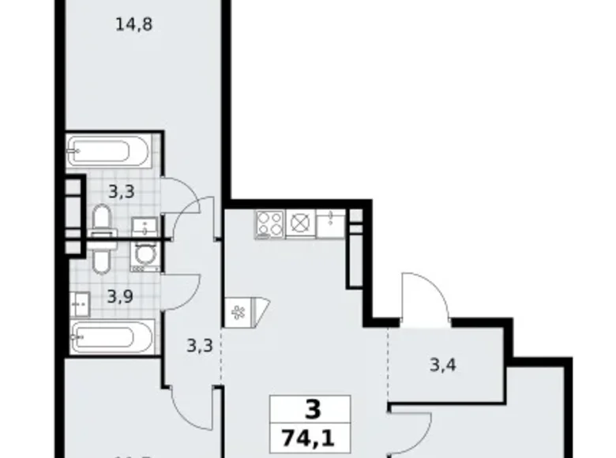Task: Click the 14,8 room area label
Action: (133, 24)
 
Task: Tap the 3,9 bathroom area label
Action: (119, 297)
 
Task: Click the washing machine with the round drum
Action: (145, 255)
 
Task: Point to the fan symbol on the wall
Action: (237, 312)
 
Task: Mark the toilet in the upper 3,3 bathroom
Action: (102, 220)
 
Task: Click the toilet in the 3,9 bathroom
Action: (102, 255)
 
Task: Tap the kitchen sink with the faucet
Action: (330, 223)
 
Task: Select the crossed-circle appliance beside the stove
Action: (300, 223)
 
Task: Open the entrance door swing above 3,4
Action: (424, 298)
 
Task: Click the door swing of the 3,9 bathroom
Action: (182, 295)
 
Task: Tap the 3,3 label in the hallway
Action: (199, 344)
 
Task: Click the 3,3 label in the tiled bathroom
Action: (119, 190)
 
